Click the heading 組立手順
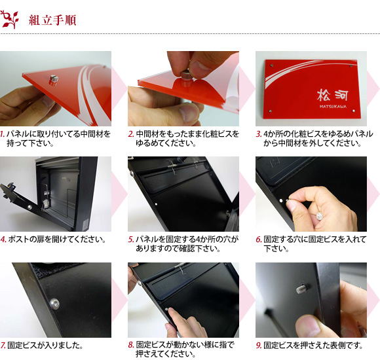tap(52, 20)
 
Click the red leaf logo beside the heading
tap(10, 20)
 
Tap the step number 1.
tap(3, 134)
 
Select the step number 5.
tap(131, 240)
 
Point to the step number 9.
tap(259, 345)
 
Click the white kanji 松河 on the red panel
tap(332, 95)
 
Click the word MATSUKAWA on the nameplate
tap(333, 107)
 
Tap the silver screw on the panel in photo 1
tap(53, 80)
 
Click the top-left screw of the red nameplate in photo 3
tap(272, 65)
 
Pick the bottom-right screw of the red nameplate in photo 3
tap(354, 111)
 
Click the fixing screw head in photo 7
tap(54, 304)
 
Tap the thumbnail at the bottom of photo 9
tap(308, 326)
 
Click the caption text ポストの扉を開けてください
tap(57, 240)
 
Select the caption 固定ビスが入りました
tap(45, 345)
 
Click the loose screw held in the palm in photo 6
tap(320, 215)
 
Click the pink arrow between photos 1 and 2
tap(119, 88)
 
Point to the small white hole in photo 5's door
tap(157, 204)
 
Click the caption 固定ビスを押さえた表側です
tap(313, 345)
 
